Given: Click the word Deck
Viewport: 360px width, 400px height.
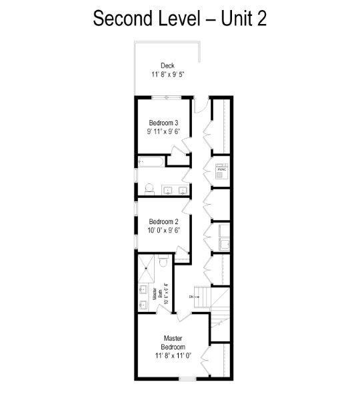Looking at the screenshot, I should (x=167, y=65).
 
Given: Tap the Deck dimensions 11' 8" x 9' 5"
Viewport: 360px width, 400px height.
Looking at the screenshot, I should (x=167, y=75).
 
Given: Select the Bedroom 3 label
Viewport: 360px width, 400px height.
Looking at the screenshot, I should (x=163, y=123).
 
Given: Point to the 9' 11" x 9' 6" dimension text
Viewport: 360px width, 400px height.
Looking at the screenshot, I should (x=163, y=132).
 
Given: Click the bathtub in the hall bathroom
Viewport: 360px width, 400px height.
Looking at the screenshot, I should (x=151, y=161).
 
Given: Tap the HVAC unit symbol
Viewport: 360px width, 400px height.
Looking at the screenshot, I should (x=222, y=169).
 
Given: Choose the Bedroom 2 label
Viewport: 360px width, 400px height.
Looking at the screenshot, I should (x=163, y=222).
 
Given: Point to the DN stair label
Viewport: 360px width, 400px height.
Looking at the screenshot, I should (x=191, y=297).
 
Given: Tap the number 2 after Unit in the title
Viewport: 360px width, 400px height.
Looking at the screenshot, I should (x=261, y=18).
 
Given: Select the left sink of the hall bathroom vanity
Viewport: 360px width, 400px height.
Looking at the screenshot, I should (x=167, y=191).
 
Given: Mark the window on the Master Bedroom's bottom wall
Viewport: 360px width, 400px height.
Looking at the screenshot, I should (x=187, y=379).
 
